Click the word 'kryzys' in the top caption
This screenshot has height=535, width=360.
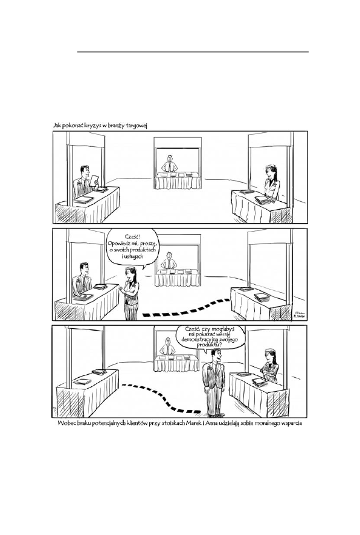[93, 126]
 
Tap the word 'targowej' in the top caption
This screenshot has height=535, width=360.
[137, 126]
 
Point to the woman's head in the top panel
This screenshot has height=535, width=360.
[269, 170]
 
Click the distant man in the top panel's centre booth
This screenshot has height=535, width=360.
[170, 163]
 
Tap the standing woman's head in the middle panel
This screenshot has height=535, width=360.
[130, 273]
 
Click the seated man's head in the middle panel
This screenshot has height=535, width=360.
[83, 268]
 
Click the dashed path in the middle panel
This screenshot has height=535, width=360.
[186, 309]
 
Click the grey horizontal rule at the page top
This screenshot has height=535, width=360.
[193, 51]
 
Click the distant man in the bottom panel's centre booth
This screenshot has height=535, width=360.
[168, 346]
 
